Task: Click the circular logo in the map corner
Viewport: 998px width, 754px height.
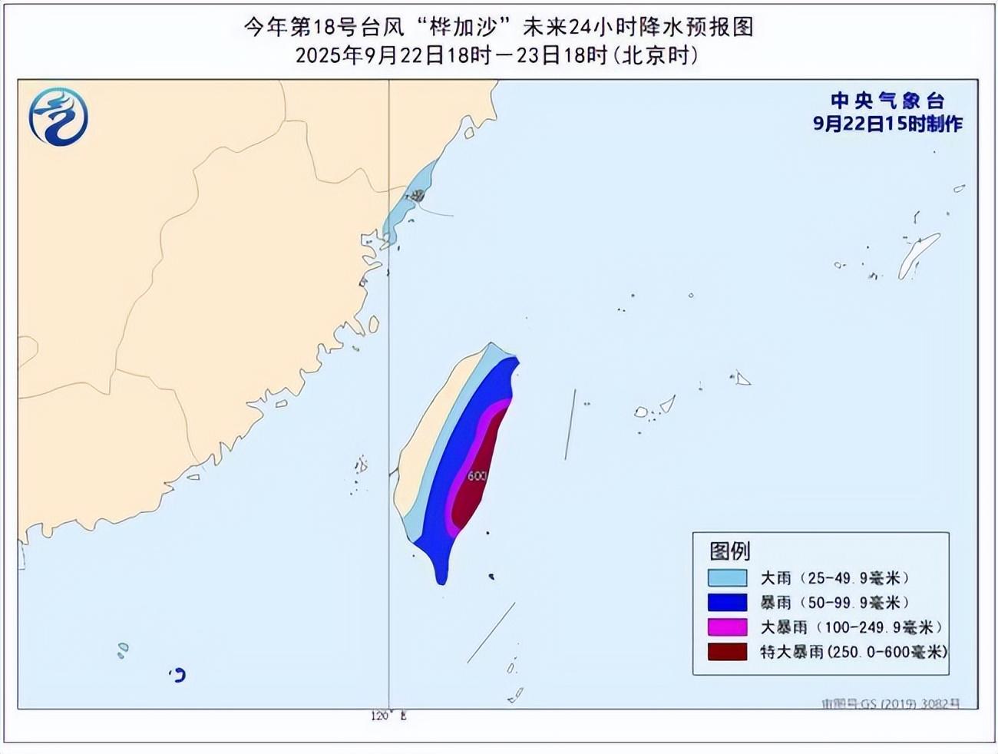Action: click(58, 117)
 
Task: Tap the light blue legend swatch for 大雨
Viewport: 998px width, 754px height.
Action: click(727, 577)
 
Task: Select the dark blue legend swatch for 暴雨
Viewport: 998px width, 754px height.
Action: click(727, 602)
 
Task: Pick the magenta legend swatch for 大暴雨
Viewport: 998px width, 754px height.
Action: click(727, 627)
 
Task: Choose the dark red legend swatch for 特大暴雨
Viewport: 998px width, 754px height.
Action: click(727, 651)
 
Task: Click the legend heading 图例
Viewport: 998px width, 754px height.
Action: click(729, 551)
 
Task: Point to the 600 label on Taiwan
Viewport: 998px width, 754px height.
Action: click(477, 476)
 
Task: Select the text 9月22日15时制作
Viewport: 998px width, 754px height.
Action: click(887, 124)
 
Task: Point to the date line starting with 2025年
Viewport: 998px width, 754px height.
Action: click(497, 55)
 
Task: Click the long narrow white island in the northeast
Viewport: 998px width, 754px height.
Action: click(918, 256)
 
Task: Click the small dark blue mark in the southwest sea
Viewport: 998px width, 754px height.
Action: click(179, 675)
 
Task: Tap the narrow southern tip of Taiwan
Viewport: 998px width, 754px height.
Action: click(441, 572)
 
